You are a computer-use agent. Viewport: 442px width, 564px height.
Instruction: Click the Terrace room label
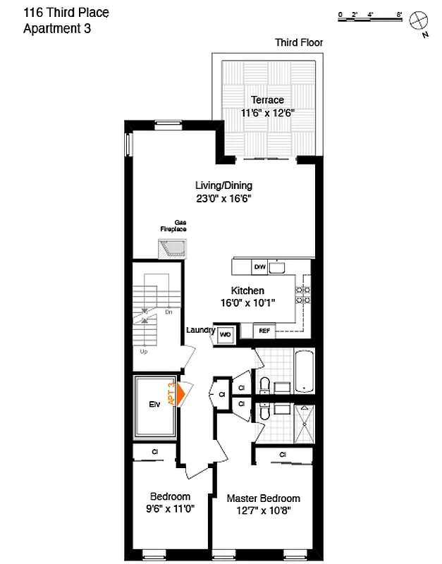(x=267, y=100)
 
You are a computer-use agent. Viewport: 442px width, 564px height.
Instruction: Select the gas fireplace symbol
(x=172, y=249)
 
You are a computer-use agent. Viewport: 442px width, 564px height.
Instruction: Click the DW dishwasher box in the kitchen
(x=259, y=267)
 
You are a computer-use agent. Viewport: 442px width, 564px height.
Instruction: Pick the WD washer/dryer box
(x=226, y=334)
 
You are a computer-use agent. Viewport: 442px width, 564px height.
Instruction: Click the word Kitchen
(x=247, y=290)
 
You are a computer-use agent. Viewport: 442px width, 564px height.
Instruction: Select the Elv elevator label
(x=154, y=405)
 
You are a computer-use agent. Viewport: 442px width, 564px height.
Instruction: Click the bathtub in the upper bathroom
(x=305, y=372)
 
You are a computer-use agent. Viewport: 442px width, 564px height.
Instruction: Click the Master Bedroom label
(x=263, y=498)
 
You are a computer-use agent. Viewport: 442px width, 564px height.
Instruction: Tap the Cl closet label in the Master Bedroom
(x=282, y=455)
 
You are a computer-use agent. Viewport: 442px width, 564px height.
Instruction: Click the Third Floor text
(x=299, y=43)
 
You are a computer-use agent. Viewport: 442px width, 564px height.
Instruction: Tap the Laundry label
(x=200, y=330)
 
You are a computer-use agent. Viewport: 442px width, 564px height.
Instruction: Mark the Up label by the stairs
(x=145, y=350)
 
